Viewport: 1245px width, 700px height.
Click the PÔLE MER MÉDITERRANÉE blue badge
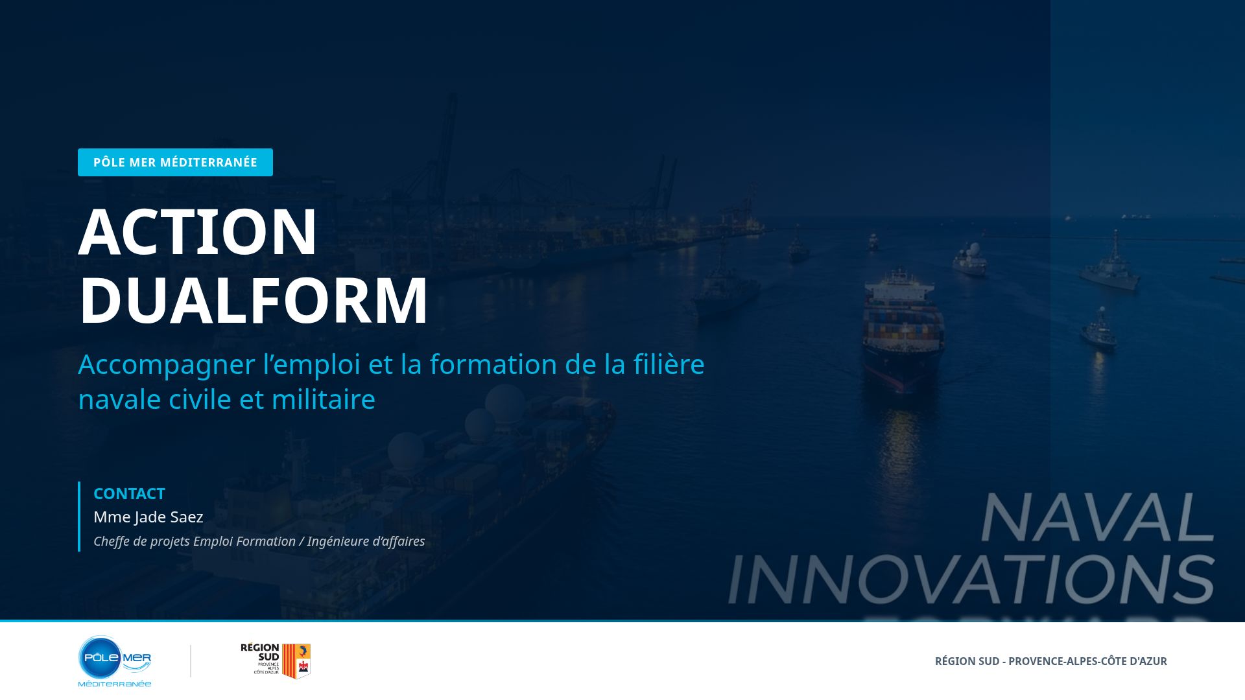click(x=175, y=162)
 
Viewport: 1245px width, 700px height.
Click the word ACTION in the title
click(x=197, y=232)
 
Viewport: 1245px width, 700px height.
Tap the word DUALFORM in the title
click(x=253, y=300)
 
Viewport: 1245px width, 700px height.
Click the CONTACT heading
click(x=129, y=494)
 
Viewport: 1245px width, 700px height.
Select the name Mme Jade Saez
click(x=148, y=517)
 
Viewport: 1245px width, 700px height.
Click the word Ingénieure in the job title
click(x=338, y=541)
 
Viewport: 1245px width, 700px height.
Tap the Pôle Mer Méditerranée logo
click(x=115, y=660)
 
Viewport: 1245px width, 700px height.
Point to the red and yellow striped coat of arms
click(x=296, y=660)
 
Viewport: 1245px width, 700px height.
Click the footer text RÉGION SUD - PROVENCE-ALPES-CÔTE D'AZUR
click(x=1050, y=661)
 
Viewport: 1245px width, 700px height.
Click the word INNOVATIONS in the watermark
click(x=971, y=579)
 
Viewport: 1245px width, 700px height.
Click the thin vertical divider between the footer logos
click(x=191, y=660)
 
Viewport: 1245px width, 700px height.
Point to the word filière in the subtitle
click(x=669, y=364)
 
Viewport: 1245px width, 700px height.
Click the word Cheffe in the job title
click(x=112, y=541)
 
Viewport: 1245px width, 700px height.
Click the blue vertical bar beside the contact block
click(x=79, y=517)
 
